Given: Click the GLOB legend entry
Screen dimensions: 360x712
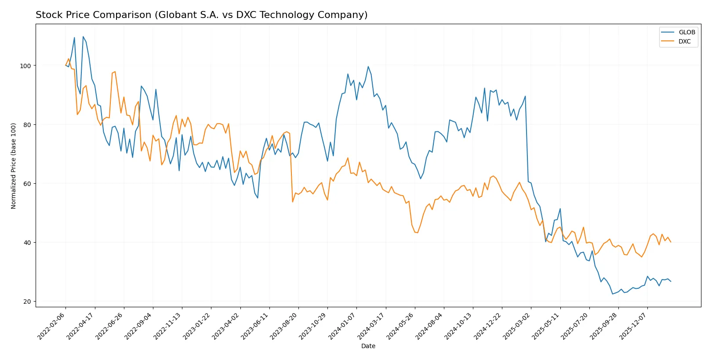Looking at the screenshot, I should pos(687,32).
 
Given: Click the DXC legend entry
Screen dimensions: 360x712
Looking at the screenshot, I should pos(684,41).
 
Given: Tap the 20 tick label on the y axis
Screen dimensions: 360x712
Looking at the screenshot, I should pos(27,302).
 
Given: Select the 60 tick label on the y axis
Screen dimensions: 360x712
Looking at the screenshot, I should pos(27,184).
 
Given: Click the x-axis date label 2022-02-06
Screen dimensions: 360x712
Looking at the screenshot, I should pos(52,326).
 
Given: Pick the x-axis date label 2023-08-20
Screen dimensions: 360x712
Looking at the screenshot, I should pos(284,326).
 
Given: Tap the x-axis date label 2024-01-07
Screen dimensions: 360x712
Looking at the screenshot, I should pos(342,326).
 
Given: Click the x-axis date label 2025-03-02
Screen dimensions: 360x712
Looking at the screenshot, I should pos(517,326).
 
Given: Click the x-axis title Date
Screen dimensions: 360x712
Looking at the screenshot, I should pos(368,346).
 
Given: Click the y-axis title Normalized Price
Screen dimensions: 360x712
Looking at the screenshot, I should pos(14,166).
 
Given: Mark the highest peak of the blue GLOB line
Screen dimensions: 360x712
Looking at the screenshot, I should pos(83,37).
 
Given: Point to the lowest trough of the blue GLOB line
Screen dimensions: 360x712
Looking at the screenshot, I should pos(613,294).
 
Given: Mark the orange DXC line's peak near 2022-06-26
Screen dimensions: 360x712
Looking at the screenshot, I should pos(115,72).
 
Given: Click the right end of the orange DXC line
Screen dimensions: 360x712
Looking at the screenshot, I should pos(671,242).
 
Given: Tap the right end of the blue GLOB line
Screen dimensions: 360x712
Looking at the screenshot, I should pos(671,281).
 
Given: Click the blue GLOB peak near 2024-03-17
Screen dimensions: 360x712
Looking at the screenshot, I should pos(368,67).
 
